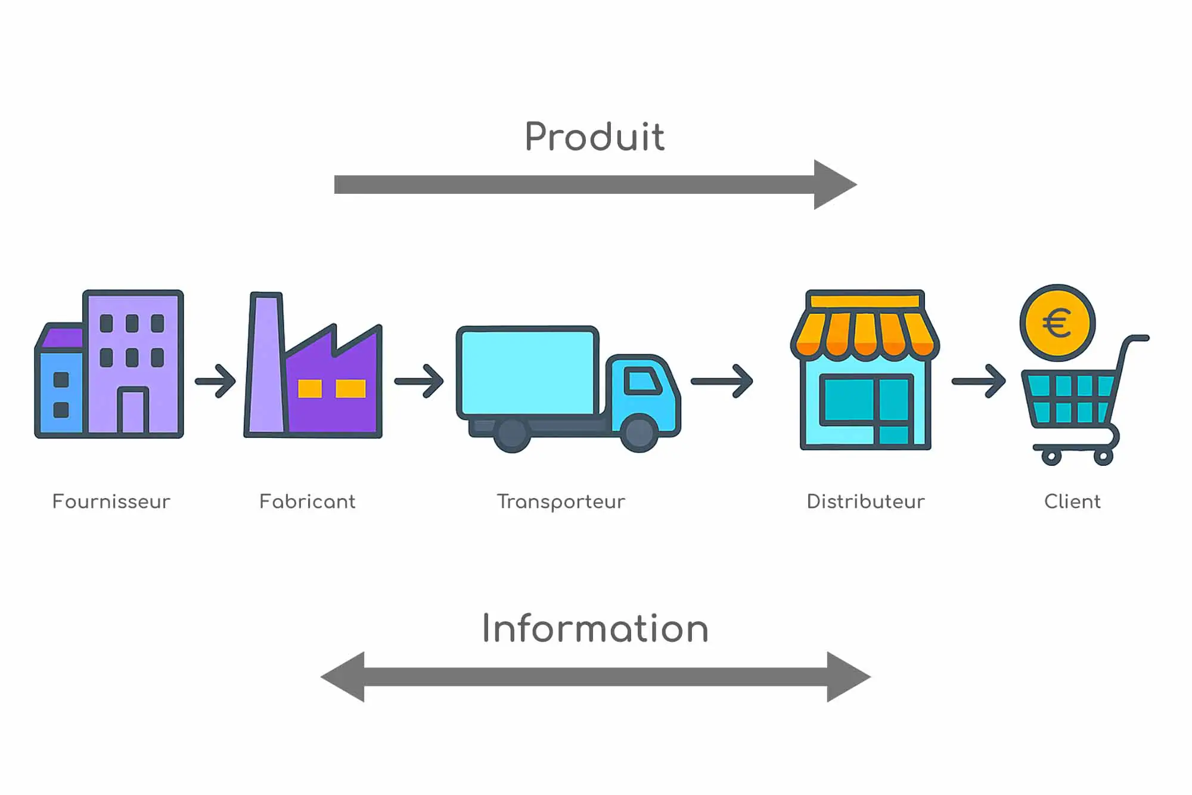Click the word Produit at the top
pos(594,137)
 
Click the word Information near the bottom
pos(595,629)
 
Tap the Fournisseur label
pos(111,502)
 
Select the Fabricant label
pos(308,502)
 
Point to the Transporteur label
pos(561,502)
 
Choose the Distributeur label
pos(865,502)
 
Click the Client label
pos(1072,502)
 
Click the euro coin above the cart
pos(1057,323)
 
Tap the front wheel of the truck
pos(638,432)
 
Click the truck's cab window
pos(641,381)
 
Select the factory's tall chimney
pos(266,364)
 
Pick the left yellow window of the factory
pos(310,388)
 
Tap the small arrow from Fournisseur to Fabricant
pos(216,381)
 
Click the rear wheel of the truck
pos(511,434)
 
